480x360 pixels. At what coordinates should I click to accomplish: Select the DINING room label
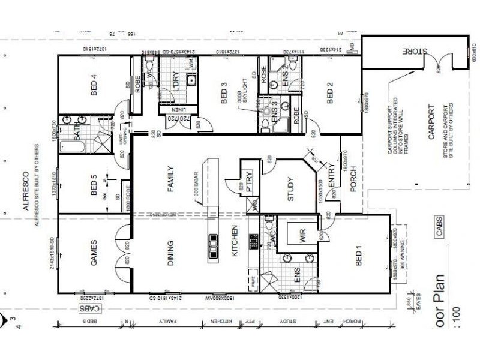click(x=171, y=253)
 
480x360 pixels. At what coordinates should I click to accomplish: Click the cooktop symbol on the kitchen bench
click(x=214, y=244)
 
